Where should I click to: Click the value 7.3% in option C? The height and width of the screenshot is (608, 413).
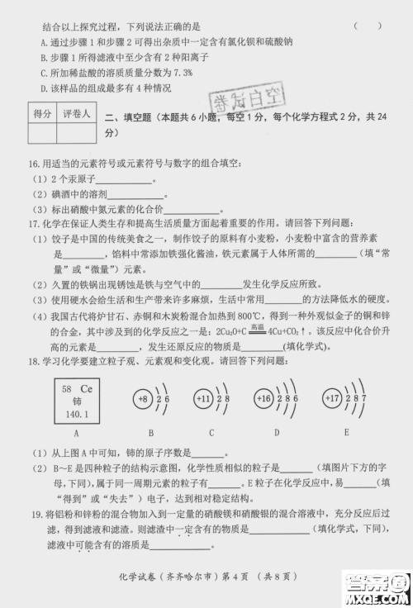(x=180, y=73)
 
